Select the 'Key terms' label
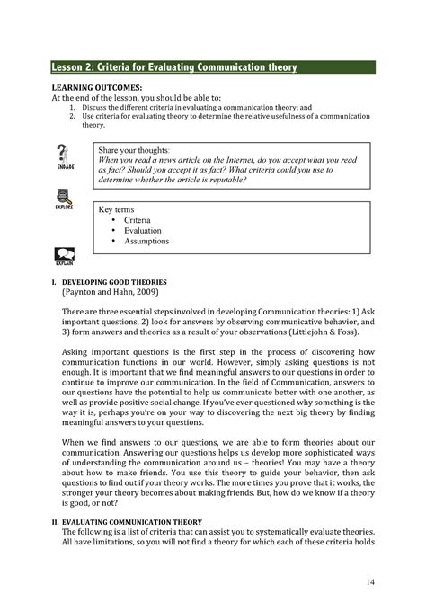116,209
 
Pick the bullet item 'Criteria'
138,220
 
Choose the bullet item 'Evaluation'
143,231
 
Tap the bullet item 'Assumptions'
146,242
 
